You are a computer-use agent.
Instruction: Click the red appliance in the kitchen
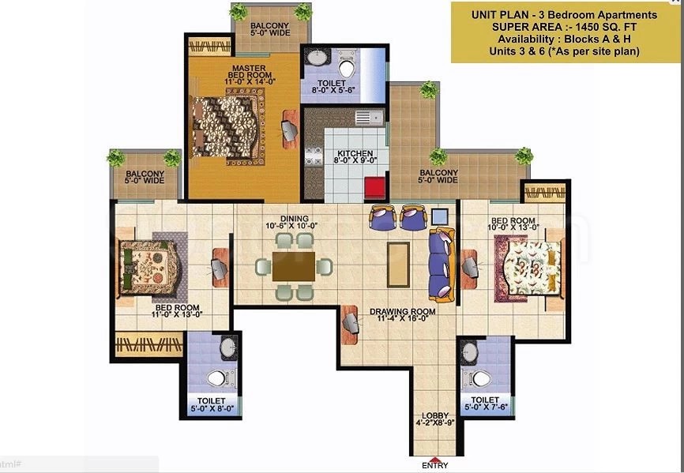pos(374,188)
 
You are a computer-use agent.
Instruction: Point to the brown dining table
pos(292,265)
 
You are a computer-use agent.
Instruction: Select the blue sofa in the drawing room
pos(441,265)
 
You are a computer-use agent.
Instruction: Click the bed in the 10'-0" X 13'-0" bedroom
pos(529,268)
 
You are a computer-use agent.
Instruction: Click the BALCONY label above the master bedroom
pos(269,29)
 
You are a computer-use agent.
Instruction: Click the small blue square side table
pos(439,215)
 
